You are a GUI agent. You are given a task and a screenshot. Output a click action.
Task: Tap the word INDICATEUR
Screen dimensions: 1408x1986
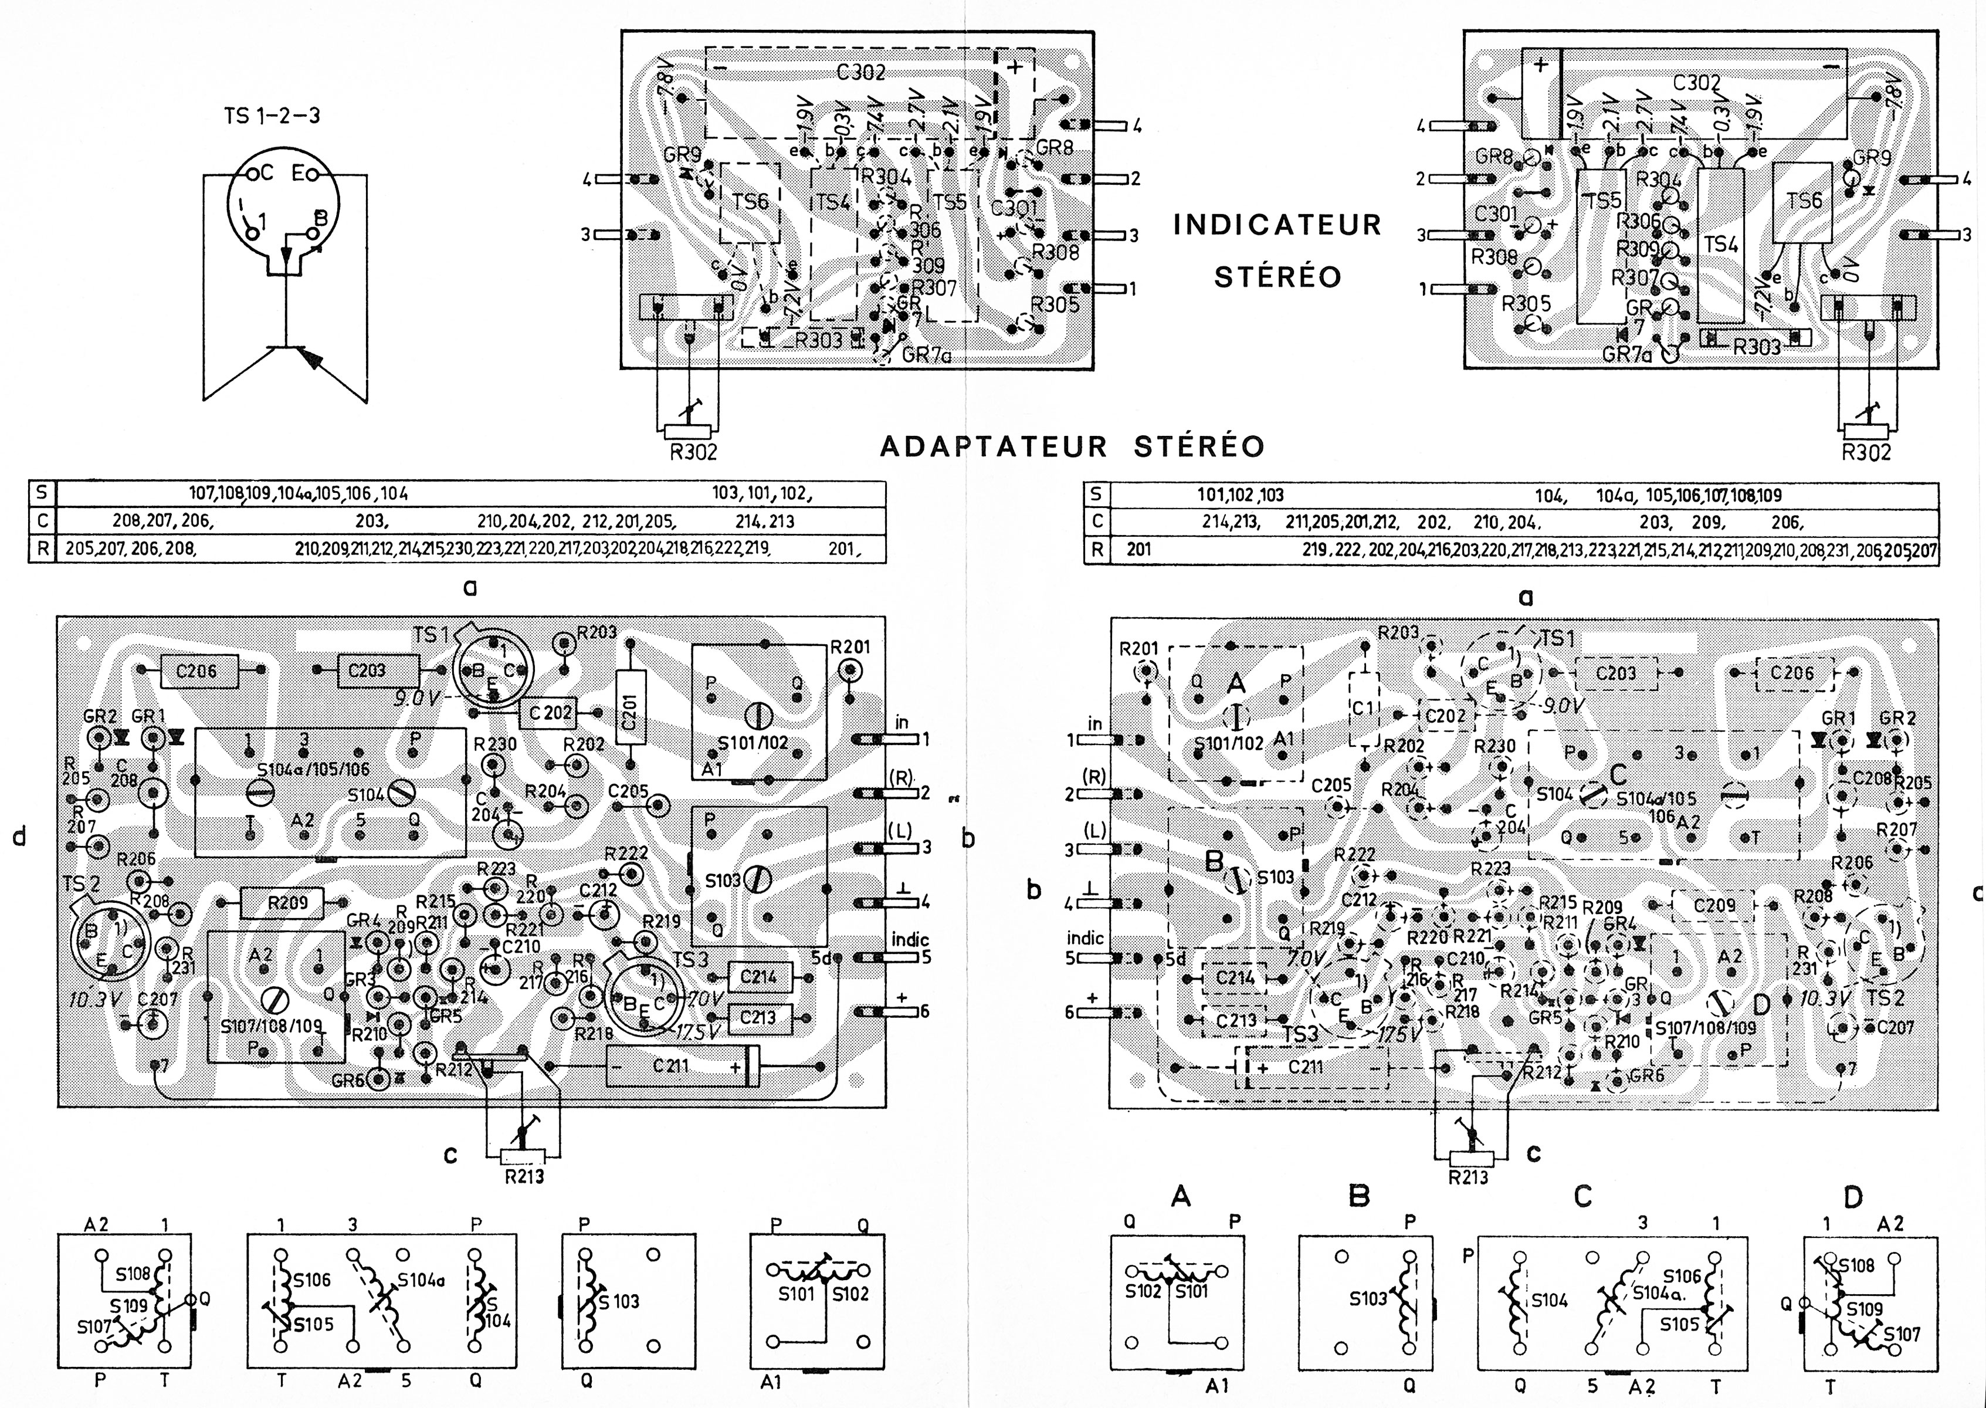(1277, 225)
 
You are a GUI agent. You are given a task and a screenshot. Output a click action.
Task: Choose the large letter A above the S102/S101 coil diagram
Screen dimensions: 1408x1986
(1180, 1197)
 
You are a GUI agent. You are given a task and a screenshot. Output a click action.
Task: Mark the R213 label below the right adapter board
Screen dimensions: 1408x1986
(1469, 1176)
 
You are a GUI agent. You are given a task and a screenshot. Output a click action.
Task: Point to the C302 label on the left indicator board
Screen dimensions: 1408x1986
(862, 73)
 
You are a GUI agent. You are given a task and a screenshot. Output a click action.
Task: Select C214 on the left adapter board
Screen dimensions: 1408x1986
(760, 977)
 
